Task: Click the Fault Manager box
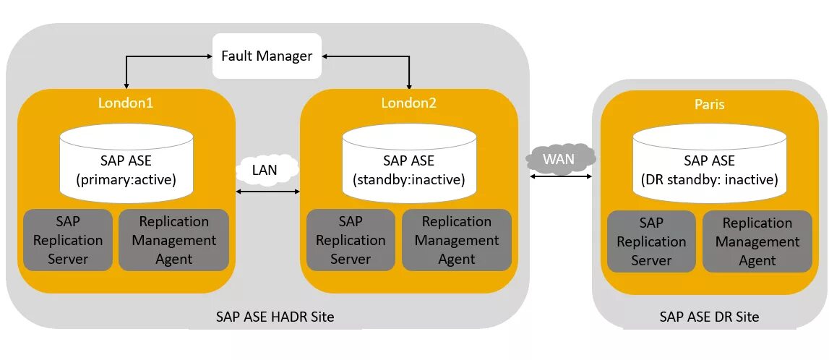[267, 56]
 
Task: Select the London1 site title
[126, 103]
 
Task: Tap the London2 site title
[409, 103]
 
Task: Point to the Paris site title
[708, 104]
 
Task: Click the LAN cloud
[267, 170]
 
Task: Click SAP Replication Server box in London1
[68, 240]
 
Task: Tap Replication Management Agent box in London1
[173, 240]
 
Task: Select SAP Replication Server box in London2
[351, 240]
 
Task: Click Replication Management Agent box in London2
[457, 240]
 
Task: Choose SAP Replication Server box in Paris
[651, 241]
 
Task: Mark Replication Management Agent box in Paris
[757, 241]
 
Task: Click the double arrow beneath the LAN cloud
[267, 192]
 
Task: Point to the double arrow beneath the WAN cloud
[562, 176]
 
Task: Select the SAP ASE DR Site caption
[709, 317]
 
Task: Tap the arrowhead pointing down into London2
[409, 84]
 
